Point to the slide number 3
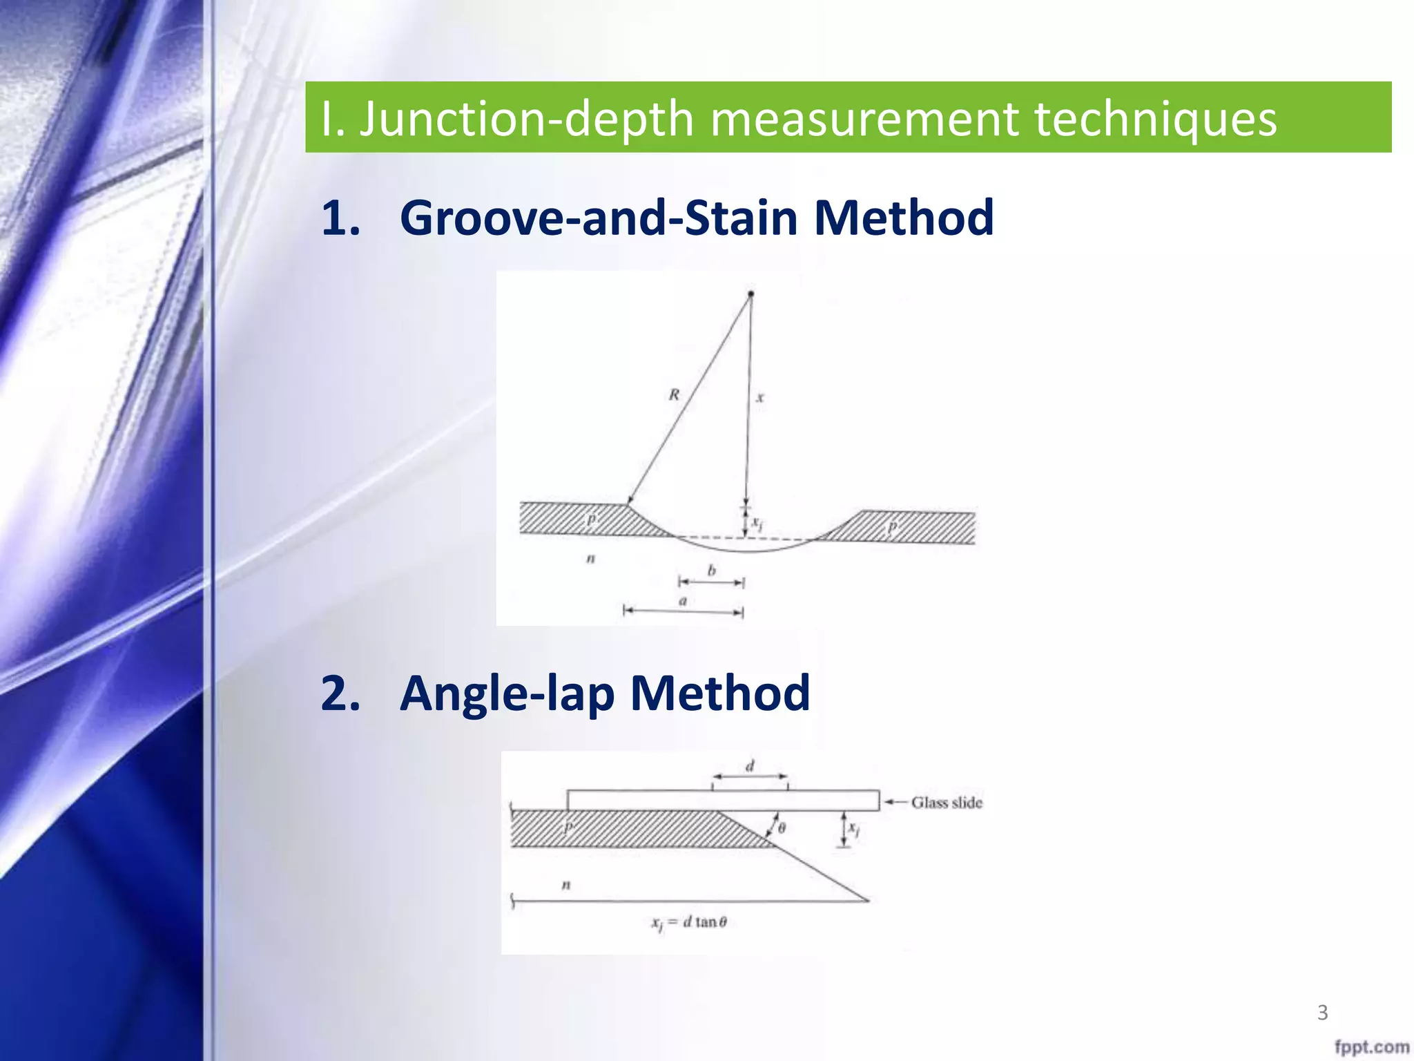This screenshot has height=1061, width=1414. (1322, 1013)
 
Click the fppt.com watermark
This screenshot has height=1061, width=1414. (1371, 1047)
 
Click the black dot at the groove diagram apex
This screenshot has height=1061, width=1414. (751, 294)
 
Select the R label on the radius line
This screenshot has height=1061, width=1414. (674, 394)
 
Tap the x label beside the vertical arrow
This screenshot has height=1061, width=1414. (760, 398)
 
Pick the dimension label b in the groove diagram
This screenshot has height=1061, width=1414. (712, 571)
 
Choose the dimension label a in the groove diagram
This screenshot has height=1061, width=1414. (683, 601)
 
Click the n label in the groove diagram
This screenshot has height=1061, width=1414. (590, 558)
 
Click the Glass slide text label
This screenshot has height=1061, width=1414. (947, 803)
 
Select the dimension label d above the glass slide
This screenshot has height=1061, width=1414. (750, 765)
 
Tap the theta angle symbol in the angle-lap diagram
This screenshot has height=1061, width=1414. (782, 828)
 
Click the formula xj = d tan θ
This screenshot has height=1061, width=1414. (689, 923)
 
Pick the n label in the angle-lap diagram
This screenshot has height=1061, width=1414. (566, 884)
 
